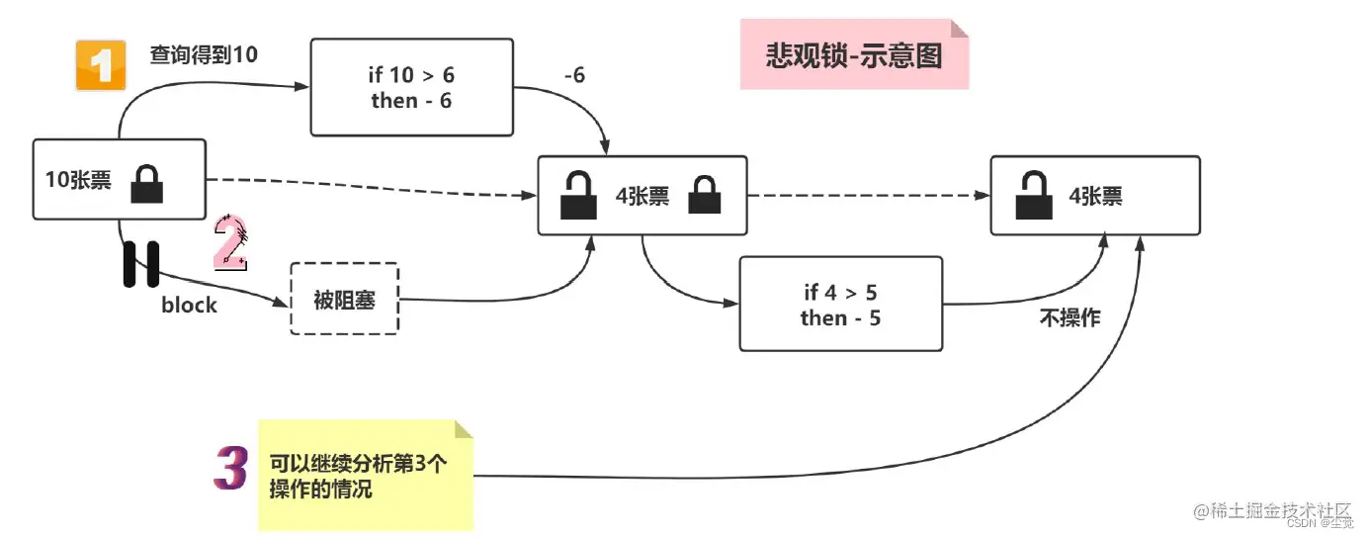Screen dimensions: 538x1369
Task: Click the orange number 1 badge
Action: [101, 65]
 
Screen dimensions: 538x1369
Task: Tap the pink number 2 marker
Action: [230, 243]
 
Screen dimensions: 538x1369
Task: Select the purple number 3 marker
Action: [230, 469]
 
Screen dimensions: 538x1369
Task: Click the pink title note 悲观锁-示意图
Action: [853, 55]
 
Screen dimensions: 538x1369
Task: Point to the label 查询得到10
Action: [204, 55]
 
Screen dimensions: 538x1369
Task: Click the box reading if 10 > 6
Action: [411, 87]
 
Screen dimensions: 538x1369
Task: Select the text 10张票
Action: [78, 181]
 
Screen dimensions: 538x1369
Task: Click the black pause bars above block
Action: [141, 264]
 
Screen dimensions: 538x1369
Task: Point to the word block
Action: [189, 305]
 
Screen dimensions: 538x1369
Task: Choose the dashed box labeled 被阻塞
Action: [344, 299]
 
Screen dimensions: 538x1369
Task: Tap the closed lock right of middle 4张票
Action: [706, 196]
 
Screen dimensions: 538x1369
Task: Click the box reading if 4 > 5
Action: [840, 304]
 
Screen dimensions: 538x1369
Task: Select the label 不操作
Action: [1069, 318]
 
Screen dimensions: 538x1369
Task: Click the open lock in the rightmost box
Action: [1034, 196]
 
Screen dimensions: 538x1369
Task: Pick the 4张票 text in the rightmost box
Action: [1095, 196]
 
